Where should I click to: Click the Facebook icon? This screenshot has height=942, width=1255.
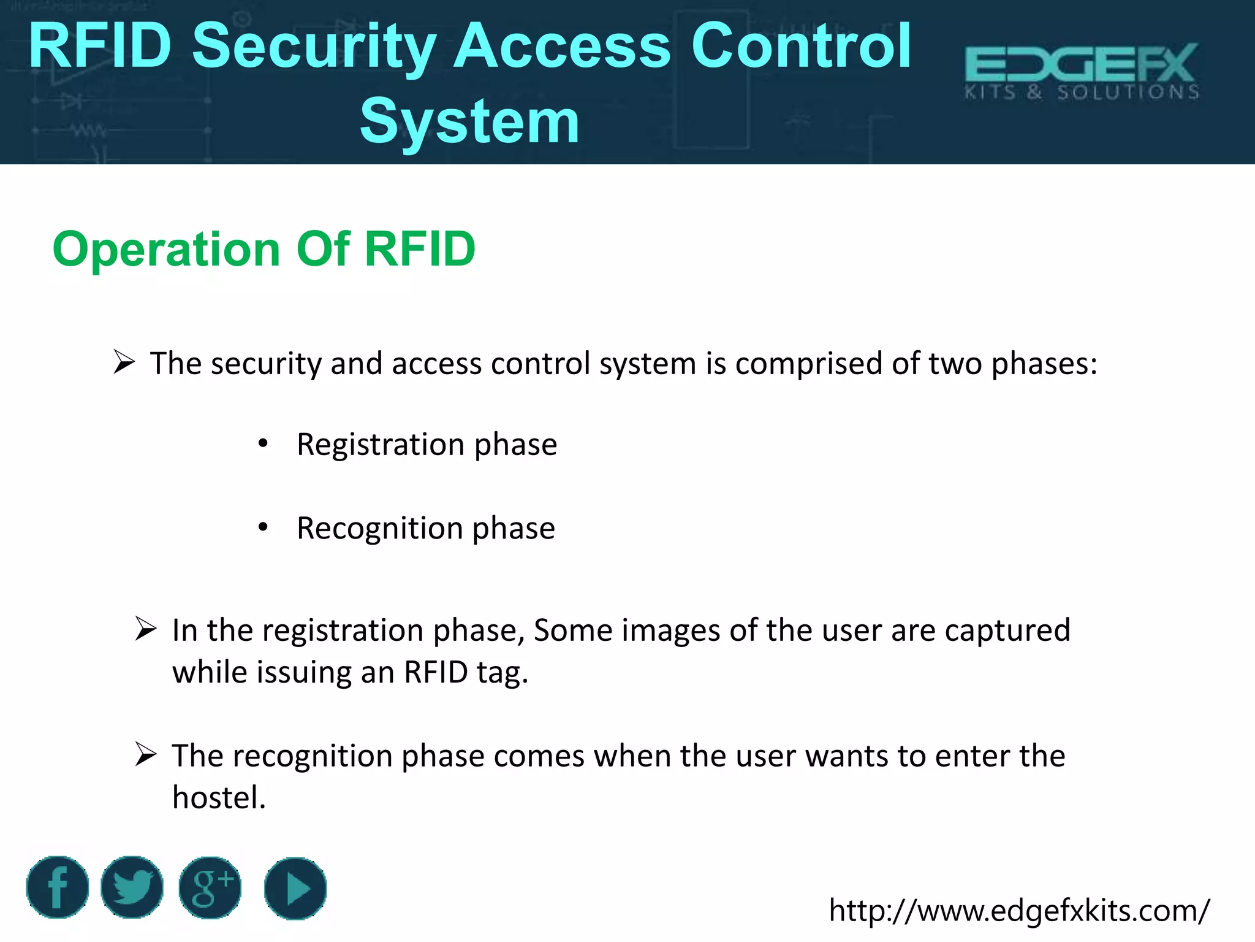(57, 887)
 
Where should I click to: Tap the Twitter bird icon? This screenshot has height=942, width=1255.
(132, 887)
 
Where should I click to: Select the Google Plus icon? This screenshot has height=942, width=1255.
(210, 887)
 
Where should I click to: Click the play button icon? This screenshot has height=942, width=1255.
(295, 888)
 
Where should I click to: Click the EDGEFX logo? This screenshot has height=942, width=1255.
(1082, 71)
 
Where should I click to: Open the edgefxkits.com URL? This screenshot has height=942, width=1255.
(1019, 910)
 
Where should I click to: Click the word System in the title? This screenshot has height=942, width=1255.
(469, 121)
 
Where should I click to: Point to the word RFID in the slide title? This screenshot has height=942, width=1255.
(100, 45)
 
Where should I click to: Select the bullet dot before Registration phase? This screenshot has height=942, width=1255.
(263, 443)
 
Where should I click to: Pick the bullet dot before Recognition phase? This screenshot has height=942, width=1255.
(263, 527)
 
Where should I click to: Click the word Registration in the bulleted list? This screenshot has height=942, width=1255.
(381, 444)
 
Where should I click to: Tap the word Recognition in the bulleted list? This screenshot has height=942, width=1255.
(379, 528)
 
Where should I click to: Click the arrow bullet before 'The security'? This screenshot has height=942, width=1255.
(124, 362)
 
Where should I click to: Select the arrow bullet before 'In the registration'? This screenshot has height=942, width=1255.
(146, 629)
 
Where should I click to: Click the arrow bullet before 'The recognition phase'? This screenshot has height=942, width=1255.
(146, 754)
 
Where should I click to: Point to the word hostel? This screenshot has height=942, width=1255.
(219, 797)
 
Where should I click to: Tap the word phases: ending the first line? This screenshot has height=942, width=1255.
(1044, 364)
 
